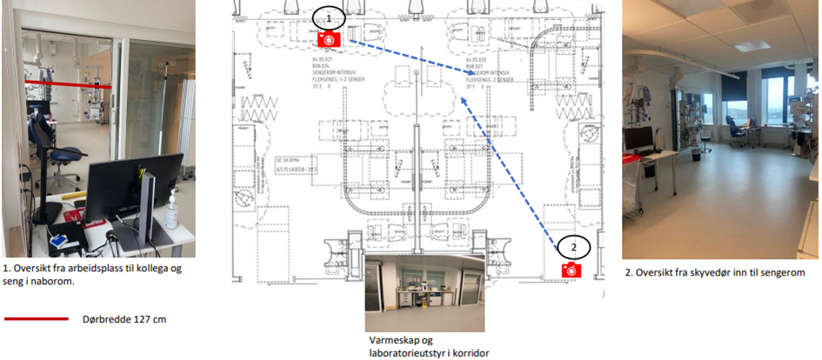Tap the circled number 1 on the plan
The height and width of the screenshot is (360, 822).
pos(329,16)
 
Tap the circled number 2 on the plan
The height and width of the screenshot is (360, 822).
pos(573,247)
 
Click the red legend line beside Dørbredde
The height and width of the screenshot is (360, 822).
pos(36,319)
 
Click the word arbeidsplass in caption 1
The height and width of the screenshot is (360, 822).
pos(88,270)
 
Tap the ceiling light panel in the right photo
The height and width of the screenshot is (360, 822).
pos(750,45)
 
